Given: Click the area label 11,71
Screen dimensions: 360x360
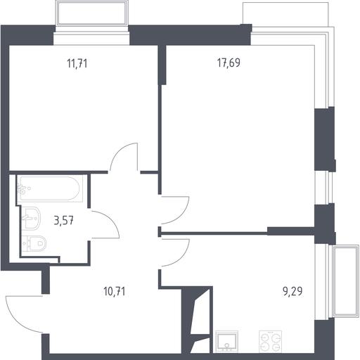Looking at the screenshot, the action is (77, 63).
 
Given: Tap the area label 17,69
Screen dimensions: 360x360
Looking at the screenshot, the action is (229, 63).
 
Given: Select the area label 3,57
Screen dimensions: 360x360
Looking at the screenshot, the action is (64, 221).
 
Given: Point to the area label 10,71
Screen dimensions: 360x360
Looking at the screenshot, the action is (115, 292).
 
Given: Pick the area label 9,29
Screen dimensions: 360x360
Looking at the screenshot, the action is (292, 291).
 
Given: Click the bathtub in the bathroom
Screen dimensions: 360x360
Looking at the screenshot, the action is (50, 188).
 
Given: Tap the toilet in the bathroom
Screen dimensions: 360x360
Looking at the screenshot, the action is (34, 243).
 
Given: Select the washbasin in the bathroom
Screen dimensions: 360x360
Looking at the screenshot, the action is (31, 218).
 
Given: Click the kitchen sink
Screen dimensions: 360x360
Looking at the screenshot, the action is (226, 341).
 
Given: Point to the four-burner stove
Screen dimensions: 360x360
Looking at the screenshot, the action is (270, 341).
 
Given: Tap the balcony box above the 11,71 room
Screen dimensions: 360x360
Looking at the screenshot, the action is (92, 13).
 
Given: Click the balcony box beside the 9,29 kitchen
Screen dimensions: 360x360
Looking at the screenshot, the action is (346, 281).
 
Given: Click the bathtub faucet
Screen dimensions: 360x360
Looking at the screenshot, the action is (22, 189).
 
